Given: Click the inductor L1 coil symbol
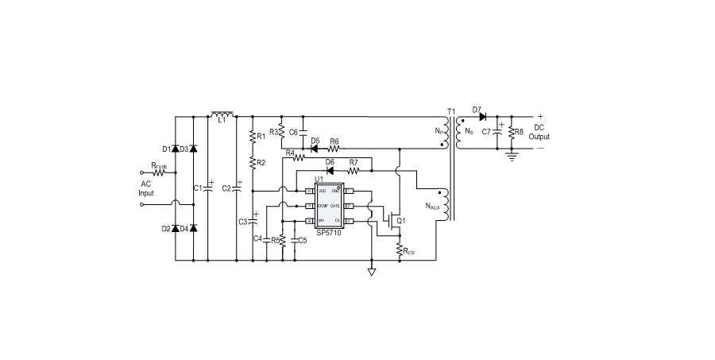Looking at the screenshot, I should click(222, 116).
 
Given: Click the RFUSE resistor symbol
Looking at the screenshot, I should click(160, 172).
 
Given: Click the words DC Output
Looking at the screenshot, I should click(539, 131).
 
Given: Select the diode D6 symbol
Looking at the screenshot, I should click(330, 171).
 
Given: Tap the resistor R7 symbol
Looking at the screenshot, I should click(354, 171).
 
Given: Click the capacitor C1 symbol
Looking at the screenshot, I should click(207, 188).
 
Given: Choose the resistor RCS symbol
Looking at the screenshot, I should click(399, 250).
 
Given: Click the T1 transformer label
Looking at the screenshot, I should click(451, 110).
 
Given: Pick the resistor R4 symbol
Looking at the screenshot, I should click(300, 157).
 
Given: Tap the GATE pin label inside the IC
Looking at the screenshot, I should click(346, 205).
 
